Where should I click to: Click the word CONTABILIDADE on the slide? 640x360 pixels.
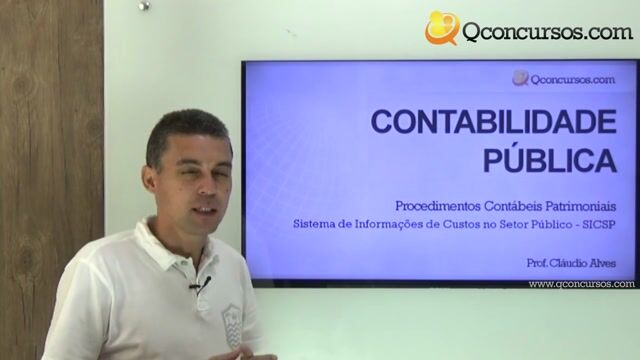(494, 122)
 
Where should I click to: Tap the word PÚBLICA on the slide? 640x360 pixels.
(549, 158)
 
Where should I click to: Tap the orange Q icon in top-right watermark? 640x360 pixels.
(441, 29)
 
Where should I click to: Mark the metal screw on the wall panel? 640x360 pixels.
(144, 5)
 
